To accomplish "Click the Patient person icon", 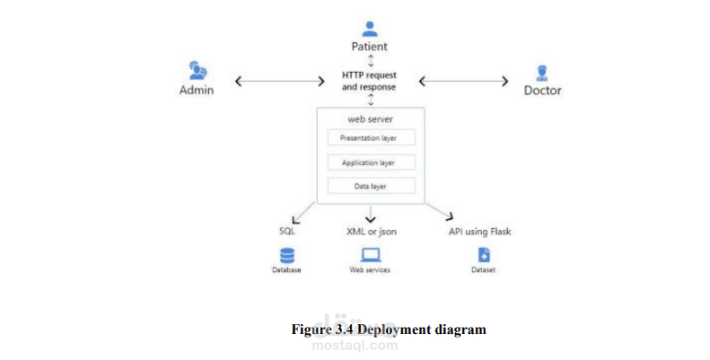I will [x=370, y=29].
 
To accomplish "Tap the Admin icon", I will [x=197, y=70].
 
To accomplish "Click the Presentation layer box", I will [x=370, y=138].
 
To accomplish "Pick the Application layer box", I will [x=370, y=162].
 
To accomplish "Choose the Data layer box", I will [x=370, y=186].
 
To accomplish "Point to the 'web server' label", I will [x=370, y=119].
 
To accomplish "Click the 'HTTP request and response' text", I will [x=369, y=81].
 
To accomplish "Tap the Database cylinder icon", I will [x=287, y=255].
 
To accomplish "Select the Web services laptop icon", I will [x=370, y=255].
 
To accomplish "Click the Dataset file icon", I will [x=484, y=255].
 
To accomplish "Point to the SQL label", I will [x=287, y=232].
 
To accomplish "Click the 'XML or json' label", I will [x=371, y=232].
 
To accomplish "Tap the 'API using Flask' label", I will [x=479, y=232].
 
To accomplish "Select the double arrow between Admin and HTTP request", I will [x=279, y=81].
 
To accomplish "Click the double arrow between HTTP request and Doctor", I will [x=463, y=81].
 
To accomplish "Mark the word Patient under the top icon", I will [x=370, y=47].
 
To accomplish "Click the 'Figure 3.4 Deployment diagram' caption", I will [x=389, y=329].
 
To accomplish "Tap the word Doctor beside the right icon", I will [x=542, y=91].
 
